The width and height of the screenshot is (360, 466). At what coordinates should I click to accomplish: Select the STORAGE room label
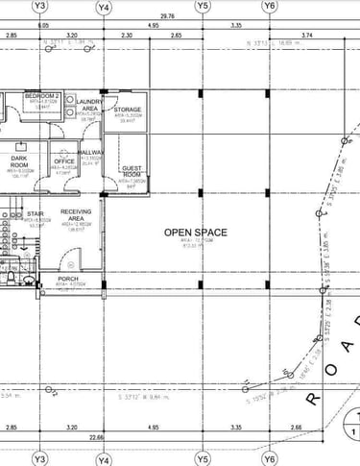point(128,110)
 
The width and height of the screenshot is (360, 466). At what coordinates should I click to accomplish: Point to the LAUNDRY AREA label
point(89,105)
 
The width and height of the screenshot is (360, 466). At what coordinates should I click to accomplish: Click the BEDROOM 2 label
point(42,97)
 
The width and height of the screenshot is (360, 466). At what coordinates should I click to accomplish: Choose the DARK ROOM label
point(19,160)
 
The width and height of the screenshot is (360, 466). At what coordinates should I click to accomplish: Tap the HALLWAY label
point(91,153)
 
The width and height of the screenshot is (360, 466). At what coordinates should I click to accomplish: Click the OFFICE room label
point(64,161)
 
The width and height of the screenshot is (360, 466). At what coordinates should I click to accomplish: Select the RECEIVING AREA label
point(76,214)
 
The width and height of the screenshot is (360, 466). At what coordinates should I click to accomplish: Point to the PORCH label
point(68,279)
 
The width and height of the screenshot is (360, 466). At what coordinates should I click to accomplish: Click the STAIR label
point(36,214)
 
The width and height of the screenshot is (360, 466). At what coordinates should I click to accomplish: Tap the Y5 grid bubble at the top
point(203,7)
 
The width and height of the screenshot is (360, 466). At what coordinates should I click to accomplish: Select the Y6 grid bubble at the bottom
point(270,458)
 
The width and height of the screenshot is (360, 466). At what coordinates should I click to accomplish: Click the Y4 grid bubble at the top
point(104,7)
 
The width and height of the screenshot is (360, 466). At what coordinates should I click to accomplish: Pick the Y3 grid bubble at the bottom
point(39,458)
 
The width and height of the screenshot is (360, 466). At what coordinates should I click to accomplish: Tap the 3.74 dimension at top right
point(307,35)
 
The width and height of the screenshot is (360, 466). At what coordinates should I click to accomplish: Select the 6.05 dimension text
point(44,25)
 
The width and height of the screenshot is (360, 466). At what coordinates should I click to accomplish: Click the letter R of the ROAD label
point(313,396)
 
